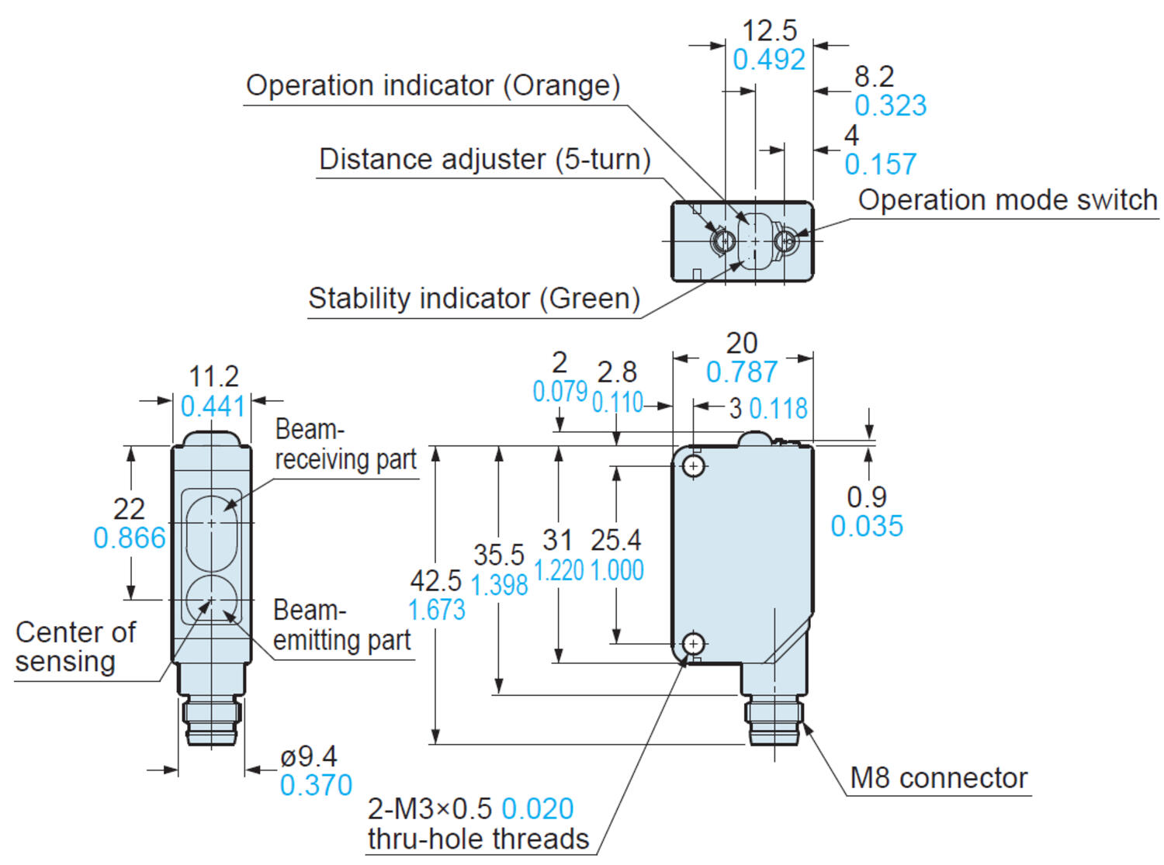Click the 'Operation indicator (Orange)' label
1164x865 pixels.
coord(433,85)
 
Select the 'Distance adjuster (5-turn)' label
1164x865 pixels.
coord(484,159)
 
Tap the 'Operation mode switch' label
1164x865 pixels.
coord(1007,200)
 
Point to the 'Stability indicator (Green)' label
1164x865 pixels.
coord(473,299)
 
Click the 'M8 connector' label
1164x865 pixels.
coord(938,777)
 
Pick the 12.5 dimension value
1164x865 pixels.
coord(769,31)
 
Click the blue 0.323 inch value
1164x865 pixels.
coord(890,106)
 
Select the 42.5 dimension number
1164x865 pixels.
coord(435,580)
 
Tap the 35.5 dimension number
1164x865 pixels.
coord(499,555)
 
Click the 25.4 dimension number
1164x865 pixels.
coord(616,540)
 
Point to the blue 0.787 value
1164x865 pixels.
coord(741,372)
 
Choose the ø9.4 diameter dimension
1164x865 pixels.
coord(309,756)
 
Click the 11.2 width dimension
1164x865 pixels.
coord(213,377)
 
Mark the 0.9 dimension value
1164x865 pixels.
coord(866,497)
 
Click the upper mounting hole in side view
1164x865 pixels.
coord(694,465)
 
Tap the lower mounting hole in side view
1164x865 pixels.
coord(694,643)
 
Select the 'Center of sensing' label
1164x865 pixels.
coord(75,647)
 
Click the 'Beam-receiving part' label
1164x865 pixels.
coord(345,445)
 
